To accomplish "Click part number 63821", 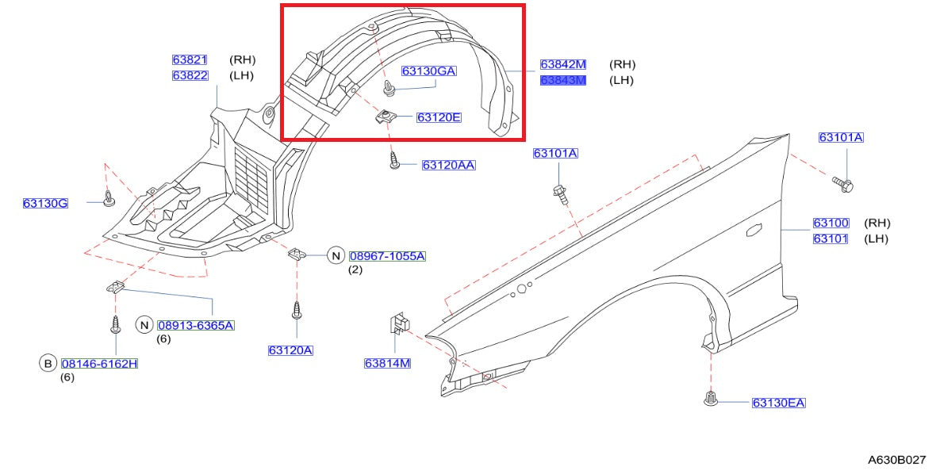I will click(x=190, y=59).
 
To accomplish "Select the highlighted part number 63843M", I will click(x=563, y=80).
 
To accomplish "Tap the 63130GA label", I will click(x=428, y=71).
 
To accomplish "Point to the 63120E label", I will click(x=439, y=117).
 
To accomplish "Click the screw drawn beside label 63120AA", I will click(x=394, y=162).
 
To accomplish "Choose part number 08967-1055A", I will click(x=387, y=256).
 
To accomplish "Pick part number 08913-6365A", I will click(x=196, y=325).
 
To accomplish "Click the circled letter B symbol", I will click(x=48, y=364).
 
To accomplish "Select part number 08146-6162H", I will click(x=99, y=364).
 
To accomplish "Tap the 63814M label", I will click(x=387, y=364).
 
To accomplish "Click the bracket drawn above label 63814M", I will click(x=399, y=323).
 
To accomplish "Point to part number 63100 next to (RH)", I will click(x=831, y=224).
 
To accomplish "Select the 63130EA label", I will click(x=778, y=403).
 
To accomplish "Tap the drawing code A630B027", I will click(x=896, y=459).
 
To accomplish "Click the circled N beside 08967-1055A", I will click(x=336, y=255).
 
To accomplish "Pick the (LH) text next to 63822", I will click(x=241, y=75).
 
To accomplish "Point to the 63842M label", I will click(x=563, y=64).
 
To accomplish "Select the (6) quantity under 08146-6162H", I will click(x=67, y=377).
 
